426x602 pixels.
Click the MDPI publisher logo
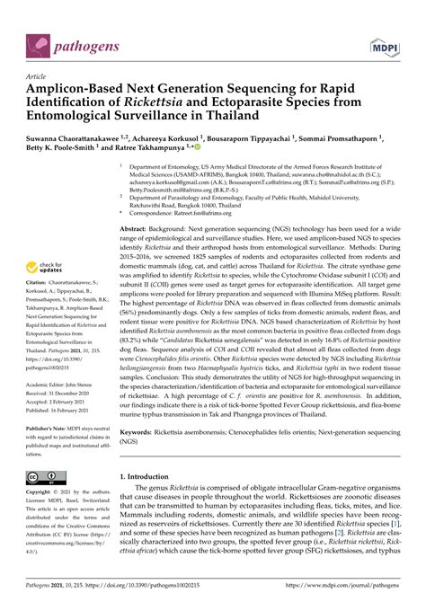(x=402, y=41)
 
